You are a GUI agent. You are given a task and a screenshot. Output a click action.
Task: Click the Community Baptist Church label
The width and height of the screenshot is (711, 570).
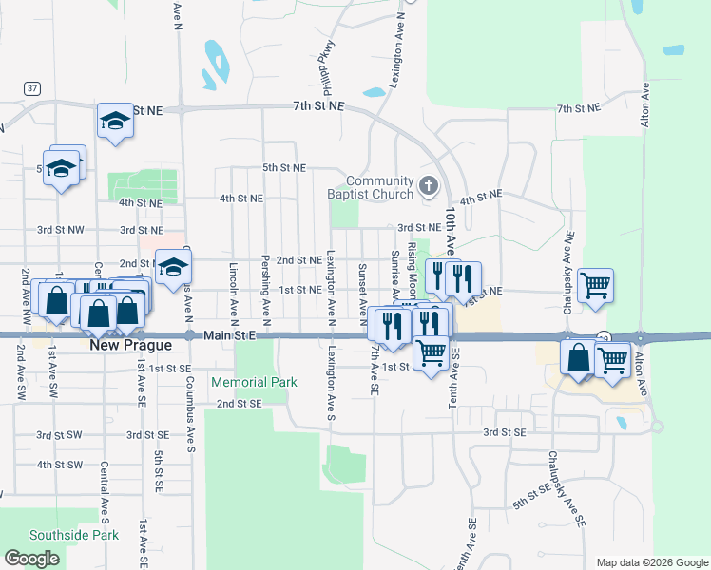(x=379, y=187)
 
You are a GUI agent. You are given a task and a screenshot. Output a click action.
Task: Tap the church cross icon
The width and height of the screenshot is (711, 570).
(x=428, y=185)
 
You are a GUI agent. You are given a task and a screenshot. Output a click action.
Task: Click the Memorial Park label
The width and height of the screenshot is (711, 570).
(x=254, y=382)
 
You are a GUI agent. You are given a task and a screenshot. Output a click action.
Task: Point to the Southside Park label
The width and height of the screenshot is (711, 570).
(x=74, y=535)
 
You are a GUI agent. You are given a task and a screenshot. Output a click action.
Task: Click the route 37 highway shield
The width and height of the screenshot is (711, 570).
(x=33, y=88)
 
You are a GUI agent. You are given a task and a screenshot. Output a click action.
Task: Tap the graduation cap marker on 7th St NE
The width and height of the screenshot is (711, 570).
(x=114, y=121)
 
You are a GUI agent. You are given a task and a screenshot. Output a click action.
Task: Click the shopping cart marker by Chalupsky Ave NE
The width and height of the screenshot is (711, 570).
(x=595, y=284)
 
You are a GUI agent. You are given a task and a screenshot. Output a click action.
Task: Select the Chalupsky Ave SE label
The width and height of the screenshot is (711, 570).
(x=557, y=484)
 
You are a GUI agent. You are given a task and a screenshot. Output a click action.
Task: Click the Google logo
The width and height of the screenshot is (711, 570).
(x=32, y=559)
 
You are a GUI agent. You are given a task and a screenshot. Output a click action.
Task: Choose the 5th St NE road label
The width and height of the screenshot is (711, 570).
(x=284, y=168)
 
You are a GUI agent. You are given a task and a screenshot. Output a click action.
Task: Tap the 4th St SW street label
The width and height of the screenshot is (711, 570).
(x=60, y=465)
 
